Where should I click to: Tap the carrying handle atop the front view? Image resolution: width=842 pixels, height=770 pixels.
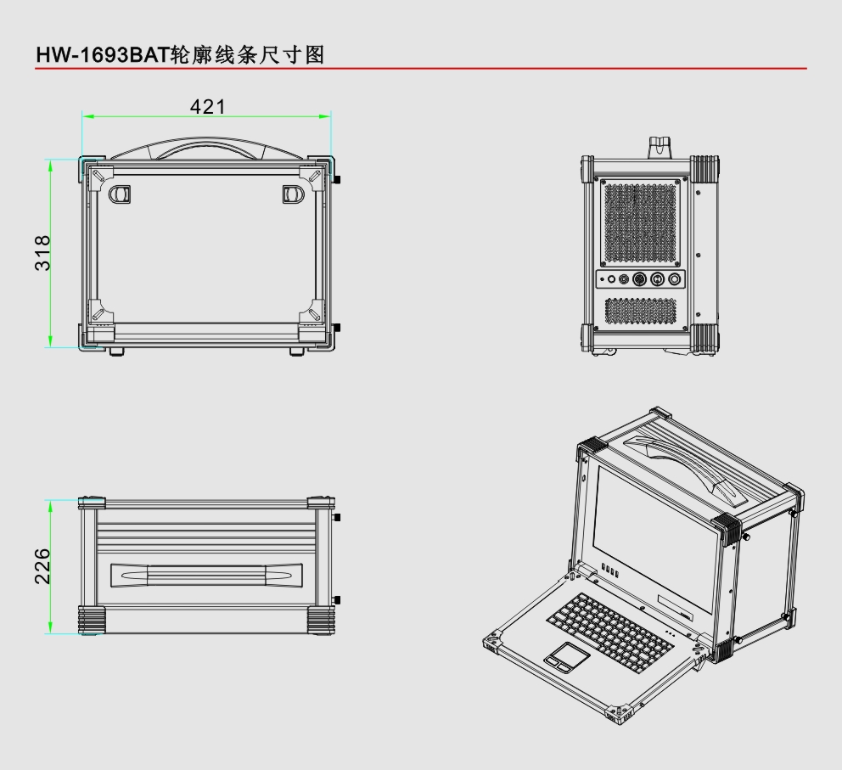[206, 149]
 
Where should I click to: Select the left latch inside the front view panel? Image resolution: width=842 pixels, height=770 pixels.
[120, 194]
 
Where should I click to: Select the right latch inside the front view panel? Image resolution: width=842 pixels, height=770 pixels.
[292, 194]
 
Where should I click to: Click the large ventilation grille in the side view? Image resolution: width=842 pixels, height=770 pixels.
[641, 222]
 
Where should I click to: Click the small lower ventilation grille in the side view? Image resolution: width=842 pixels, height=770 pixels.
[641, 310]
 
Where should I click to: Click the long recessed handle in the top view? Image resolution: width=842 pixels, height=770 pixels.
[206, 575]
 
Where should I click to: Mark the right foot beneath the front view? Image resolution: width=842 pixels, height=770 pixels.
[296, 351]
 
